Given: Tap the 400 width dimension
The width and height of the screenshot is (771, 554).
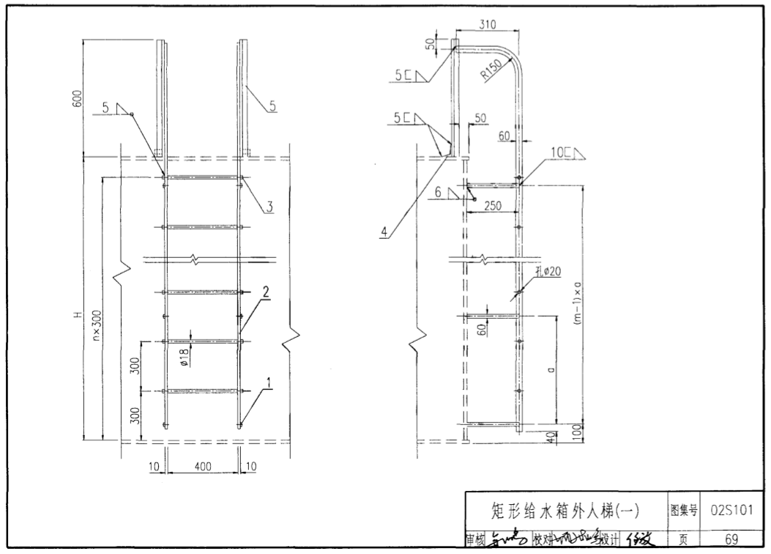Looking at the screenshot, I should tap(203, 467).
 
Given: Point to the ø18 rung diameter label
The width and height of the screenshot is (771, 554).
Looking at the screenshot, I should tap(184, 356).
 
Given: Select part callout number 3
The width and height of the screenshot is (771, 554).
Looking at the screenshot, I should tap(269, 208).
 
